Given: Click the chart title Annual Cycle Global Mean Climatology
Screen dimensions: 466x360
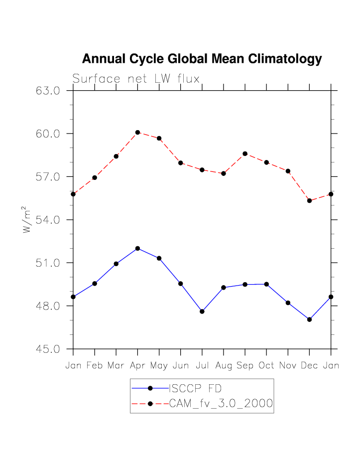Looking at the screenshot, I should click(x=202, y=59).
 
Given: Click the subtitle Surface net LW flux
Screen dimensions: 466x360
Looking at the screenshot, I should click(x=136, y=79).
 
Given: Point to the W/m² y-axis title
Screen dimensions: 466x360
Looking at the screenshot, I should click(x=27, y=220).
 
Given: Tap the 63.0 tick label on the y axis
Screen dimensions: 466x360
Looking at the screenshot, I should click(x=48, y=91).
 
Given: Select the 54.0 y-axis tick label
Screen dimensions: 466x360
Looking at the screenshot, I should click(x=48, y=220).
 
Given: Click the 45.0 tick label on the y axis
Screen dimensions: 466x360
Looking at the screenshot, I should click(x=48, y=349).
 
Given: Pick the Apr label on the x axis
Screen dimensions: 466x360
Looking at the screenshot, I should click(x=137, y=366).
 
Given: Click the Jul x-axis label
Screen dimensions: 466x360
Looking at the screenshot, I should click(x=202, y=366).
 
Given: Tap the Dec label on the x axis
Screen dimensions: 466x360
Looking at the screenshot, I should click(x=309, y=366).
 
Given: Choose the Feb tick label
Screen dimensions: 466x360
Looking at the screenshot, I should click(x=95, y=366).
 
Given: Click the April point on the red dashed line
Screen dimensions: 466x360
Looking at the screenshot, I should click(x=137, y=132).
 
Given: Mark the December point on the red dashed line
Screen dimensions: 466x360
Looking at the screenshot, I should click(x=309, y=200).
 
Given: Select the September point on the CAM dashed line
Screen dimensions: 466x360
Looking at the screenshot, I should click(x=245, y=154).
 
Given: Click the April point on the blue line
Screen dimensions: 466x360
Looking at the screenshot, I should click(x=137, y=248).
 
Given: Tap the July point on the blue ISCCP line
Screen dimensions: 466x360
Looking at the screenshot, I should click(x=202, y=311).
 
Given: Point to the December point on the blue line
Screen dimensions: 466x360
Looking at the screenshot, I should click(x=309, y=319).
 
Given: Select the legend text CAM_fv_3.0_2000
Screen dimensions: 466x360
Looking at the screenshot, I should click(x=221, y=404).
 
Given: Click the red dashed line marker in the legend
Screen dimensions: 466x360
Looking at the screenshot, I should click(x=150, y=404).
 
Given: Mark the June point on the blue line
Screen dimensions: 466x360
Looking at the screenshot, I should click(x=181, y=284).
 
